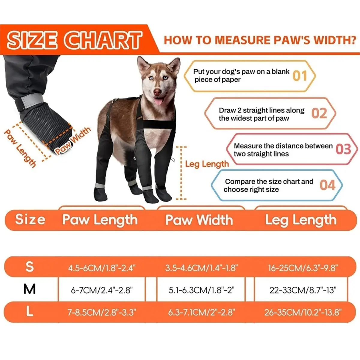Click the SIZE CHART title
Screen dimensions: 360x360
point(74,40)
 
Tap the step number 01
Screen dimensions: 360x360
point(300,76)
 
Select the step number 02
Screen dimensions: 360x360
point(319,113)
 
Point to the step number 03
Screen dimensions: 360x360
point(343,149)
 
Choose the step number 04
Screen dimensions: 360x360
point(327,185)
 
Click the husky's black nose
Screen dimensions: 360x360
point(157,91)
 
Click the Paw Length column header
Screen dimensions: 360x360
point(100,220)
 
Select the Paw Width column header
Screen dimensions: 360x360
point(199,220)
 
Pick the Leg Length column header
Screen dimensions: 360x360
point(301,220)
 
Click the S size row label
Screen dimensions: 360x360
point(30,266)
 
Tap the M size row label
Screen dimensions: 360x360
point(30,289)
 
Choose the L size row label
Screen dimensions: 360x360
point(30,312)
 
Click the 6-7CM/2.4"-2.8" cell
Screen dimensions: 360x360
point(102,290)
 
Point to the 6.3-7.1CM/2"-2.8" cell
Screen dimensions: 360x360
point(201,312)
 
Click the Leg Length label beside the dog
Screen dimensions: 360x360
point(207,164)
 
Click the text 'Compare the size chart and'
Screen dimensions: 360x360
point(269,181)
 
